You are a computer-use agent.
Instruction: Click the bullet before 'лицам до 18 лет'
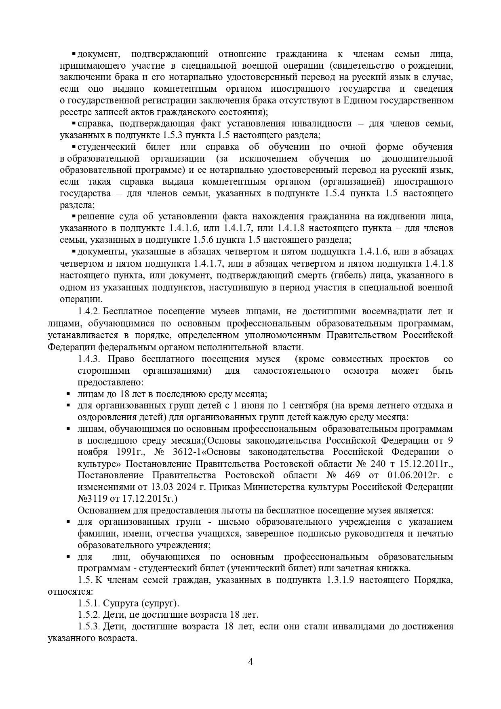tap(68, 394)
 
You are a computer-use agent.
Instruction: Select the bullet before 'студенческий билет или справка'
tap(74, 147)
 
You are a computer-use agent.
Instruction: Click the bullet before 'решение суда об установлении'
tap(74, 217)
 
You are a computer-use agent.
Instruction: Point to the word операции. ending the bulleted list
tap(81, 299)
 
